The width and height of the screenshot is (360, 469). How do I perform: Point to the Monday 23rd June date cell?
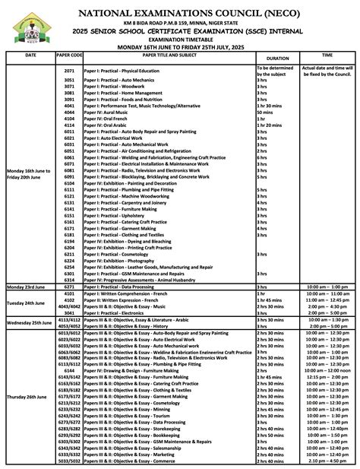[x=30, y=287]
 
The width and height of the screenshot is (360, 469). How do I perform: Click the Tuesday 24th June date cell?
[x=30, y=302]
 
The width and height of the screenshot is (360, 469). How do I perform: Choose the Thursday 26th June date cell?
[x=30, y=397]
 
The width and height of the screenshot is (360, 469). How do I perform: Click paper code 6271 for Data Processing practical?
[x=69, y=287]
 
